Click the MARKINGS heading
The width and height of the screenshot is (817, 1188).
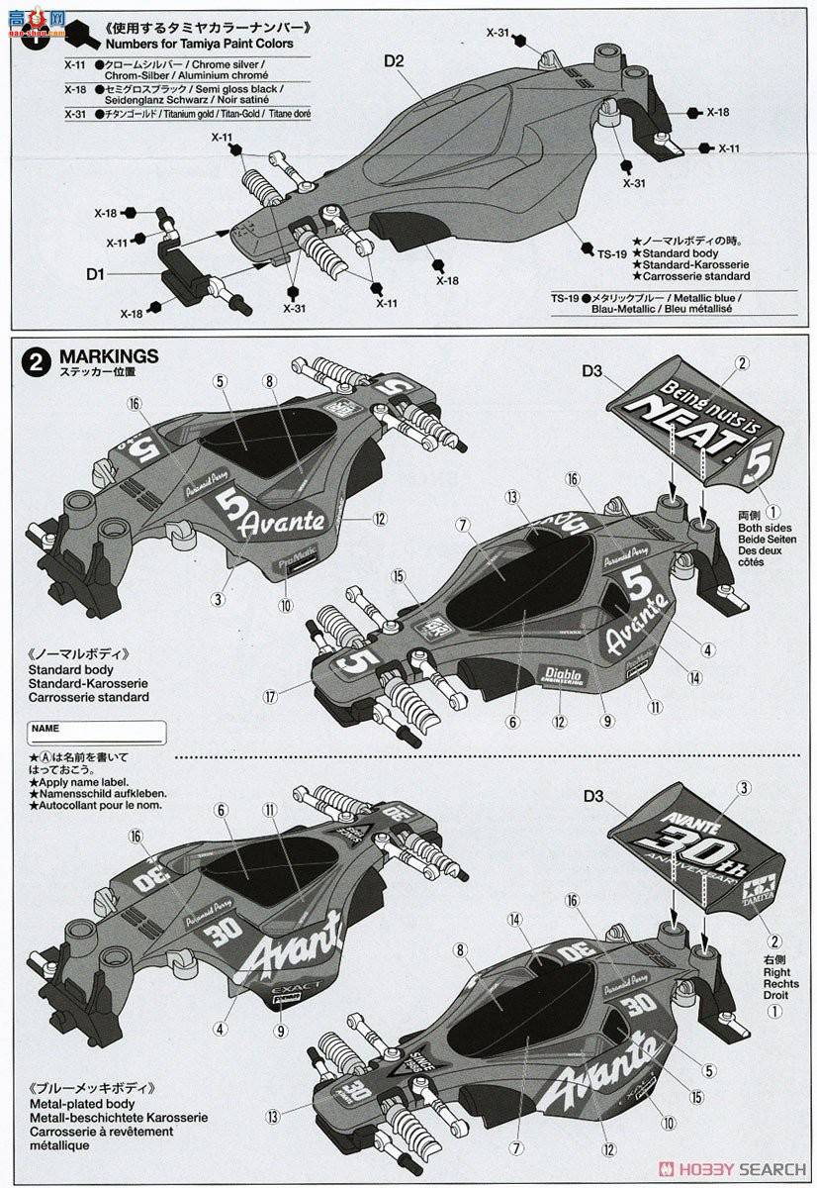click(x=109, y=356)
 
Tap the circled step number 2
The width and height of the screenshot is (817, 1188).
click(x=36, y=361)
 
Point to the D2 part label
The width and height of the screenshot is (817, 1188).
click(x=395, y=61)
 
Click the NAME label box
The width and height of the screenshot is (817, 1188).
click(x=97, y=733)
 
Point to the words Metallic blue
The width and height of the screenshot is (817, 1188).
click(x=702, y=297)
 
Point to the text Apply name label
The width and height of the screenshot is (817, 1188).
click(x=85, y=781)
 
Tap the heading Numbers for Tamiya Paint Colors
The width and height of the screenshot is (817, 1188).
click(x=197, y=43)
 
